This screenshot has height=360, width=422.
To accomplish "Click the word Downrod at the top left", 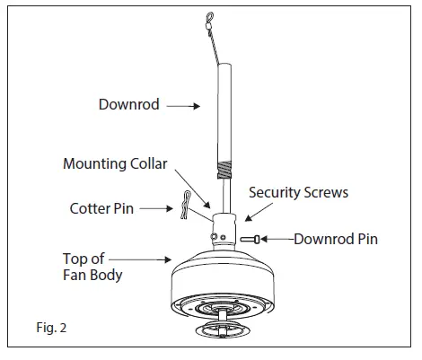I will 128,105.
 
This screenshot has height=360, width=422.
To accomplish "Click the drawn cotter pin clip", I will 186,204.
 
